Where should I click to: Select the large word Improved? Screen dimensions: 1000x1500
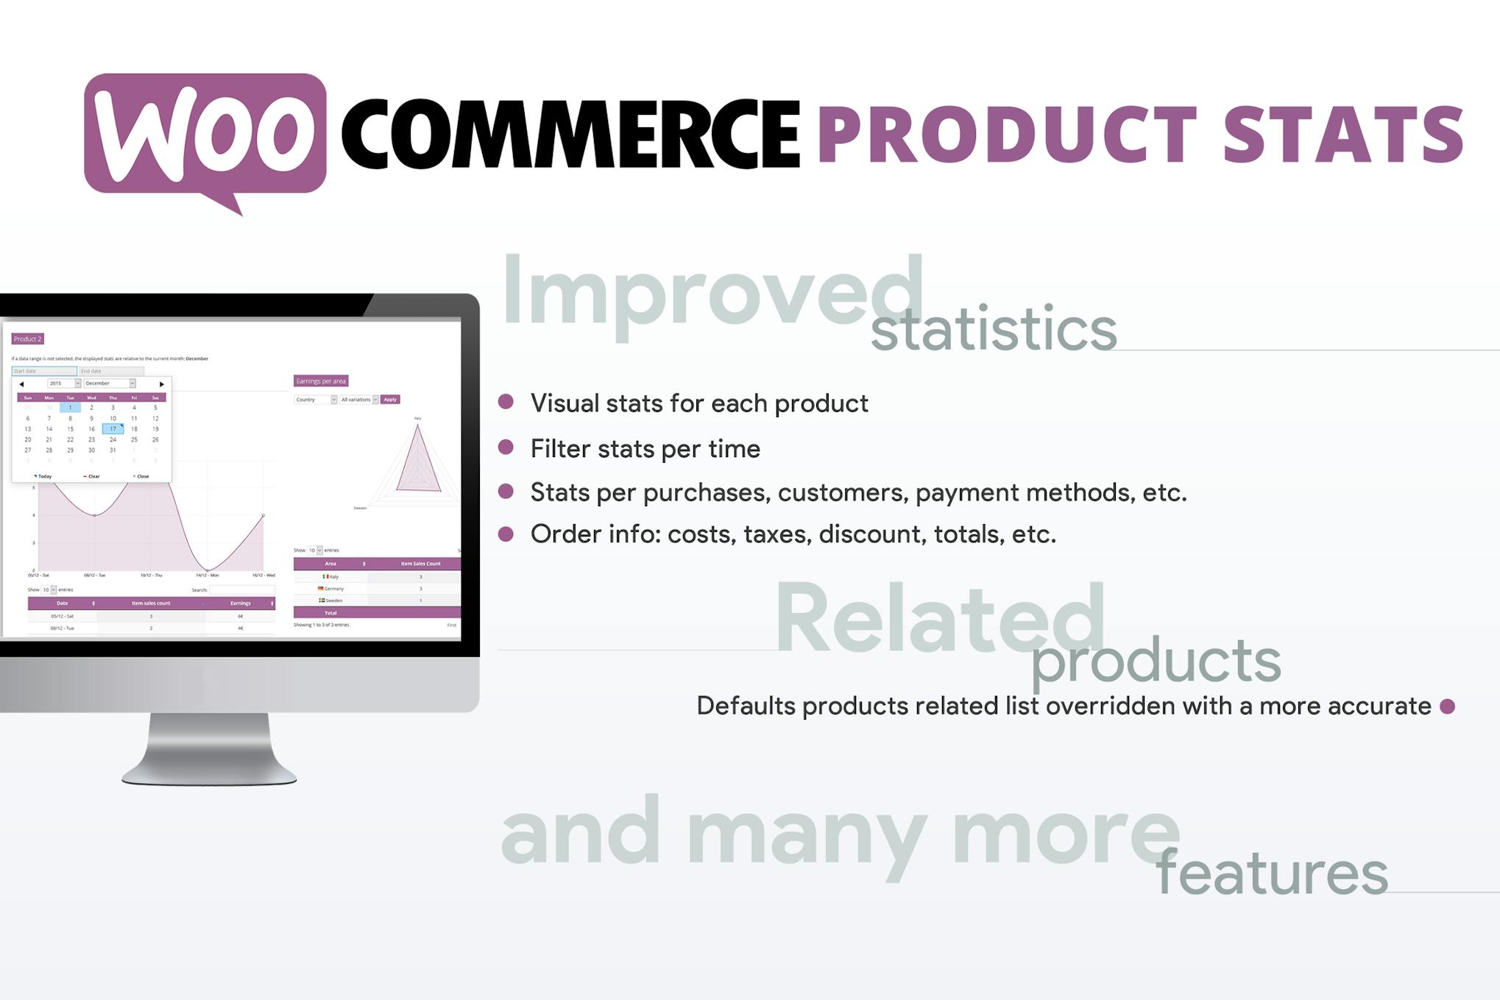(x=711, y=292)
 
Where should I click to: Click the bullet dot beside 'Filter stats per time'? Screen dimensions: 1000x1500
(x=506, y=447)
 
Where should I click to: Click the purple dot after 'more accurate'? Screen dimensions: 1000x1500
(x=1447, y=706)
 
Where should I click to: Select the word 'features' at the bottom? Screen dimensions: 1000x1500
(x=1271, y=873)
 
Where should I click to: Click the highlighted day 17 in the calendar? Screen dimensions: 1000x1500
(x=113, y=429)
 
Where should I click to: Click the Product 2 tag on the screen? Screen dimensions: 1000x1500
(x=28, y=339)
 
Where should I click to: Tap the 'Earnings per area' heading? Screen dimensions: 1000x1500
(x=320, y=381)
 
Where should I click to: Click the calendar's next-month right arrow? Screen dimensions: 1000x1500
(x=162, y=384)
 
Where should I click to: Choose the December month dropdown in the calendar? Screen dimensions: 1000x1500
(x=110, y=383)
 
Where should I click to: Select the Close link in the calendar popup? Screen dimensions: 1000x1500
(x=141, y=476)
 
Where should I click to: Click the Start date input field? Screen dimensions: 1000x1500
(x=43, y=371)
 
